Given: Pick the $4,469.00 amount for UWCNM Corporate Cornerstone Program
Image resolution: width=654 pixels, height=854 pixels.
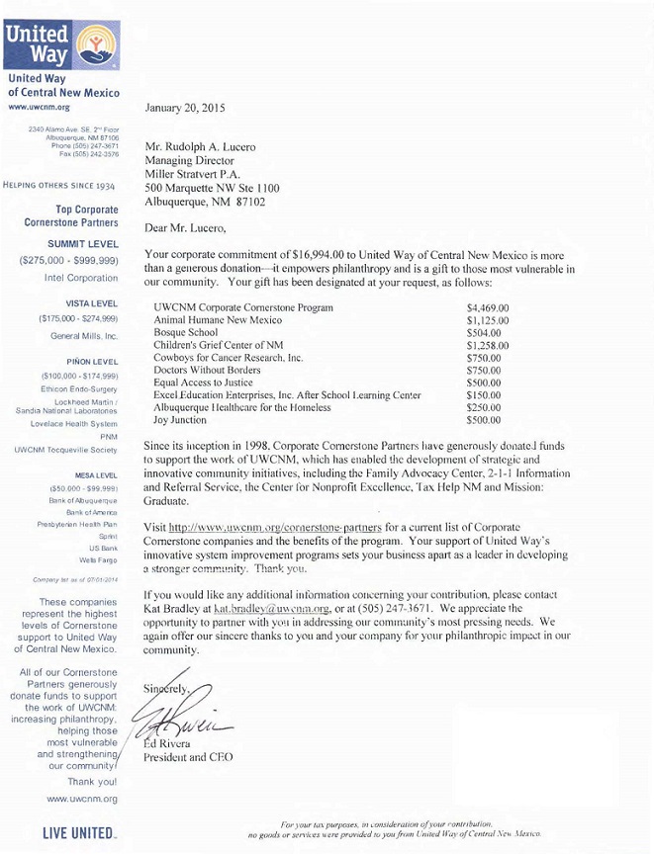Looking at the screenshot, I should click(x=488, y=308).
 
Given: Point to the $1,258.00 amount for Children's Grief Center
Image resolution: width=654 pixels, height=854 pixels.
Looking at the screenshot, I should click(x=488, y=346).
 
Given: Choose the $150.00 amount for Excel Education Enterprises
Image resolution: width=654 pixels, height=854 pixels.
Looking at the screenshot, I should click(x=484, y=395).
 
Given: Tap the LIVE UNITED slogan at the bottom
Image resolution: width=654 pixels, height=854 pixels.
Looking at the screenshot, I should click(x=78, y=833).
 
